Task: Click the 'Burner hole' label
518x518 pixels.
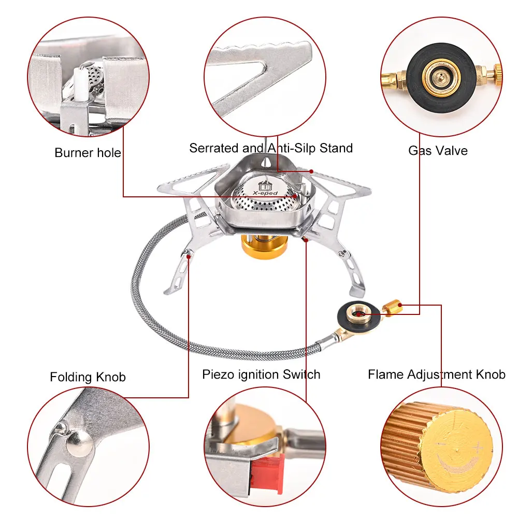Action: click(x=88, y=153)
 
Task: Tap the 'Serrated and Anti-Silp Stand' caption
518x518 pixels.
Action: click(x=270, y=148)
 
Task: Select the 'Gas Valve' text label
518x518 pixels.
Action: click(x=438, y=151)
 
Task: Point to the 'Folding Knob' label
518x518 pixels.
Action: click(x=88, y=377)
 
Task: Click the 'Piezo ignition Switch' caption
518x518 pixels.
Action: click(x=261, y=374)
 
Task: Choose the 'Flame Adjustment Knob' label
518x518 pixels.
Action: click(x=436, y=374)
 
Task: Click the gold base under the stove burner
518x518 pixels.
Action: click(x=264, y=246)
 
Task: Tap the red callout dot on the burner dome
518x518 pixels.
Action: click(x=295, y=196)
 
